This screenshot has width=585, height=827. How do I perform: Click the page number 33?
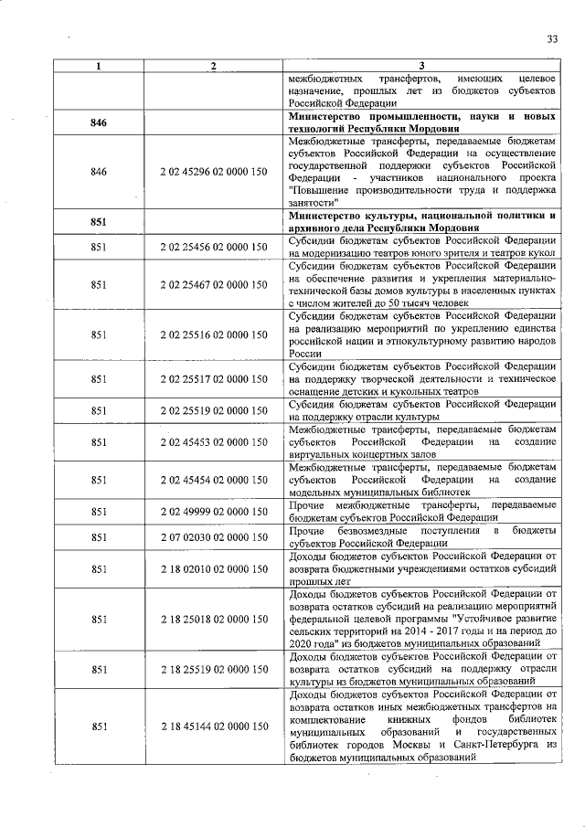(551, 38)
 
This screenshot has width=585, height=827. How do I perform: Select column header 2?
(213, 66)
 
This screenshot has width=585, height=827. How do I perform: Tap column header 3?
(421, 66)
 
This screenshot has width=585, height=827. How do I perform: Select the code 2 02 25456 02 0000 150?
(213, 247)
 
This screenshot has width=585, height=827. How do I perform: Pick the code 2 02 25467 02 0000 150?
(213, 285)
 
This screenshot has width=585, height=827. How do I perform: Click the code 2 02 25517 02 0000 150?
(213, 377)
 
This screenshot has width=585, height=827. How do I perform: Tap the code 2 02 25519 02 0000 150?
(213, 410)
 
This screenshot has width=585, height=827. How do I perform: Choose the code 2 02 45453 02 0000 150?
(213, 442)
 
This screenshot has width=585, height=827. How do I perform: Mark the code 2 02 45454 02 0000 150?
(213, 480)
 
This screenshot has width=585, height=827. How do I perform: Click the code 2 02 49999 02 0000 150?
(213, 512)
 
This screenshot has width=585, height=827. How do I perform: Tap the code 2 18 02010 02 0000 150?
(213, 568)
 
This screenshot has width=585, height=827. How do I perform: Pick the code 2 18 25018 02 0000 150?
(213, 619)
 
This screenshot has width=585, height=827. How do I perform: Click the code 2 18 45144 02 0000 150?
(213, 726)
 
